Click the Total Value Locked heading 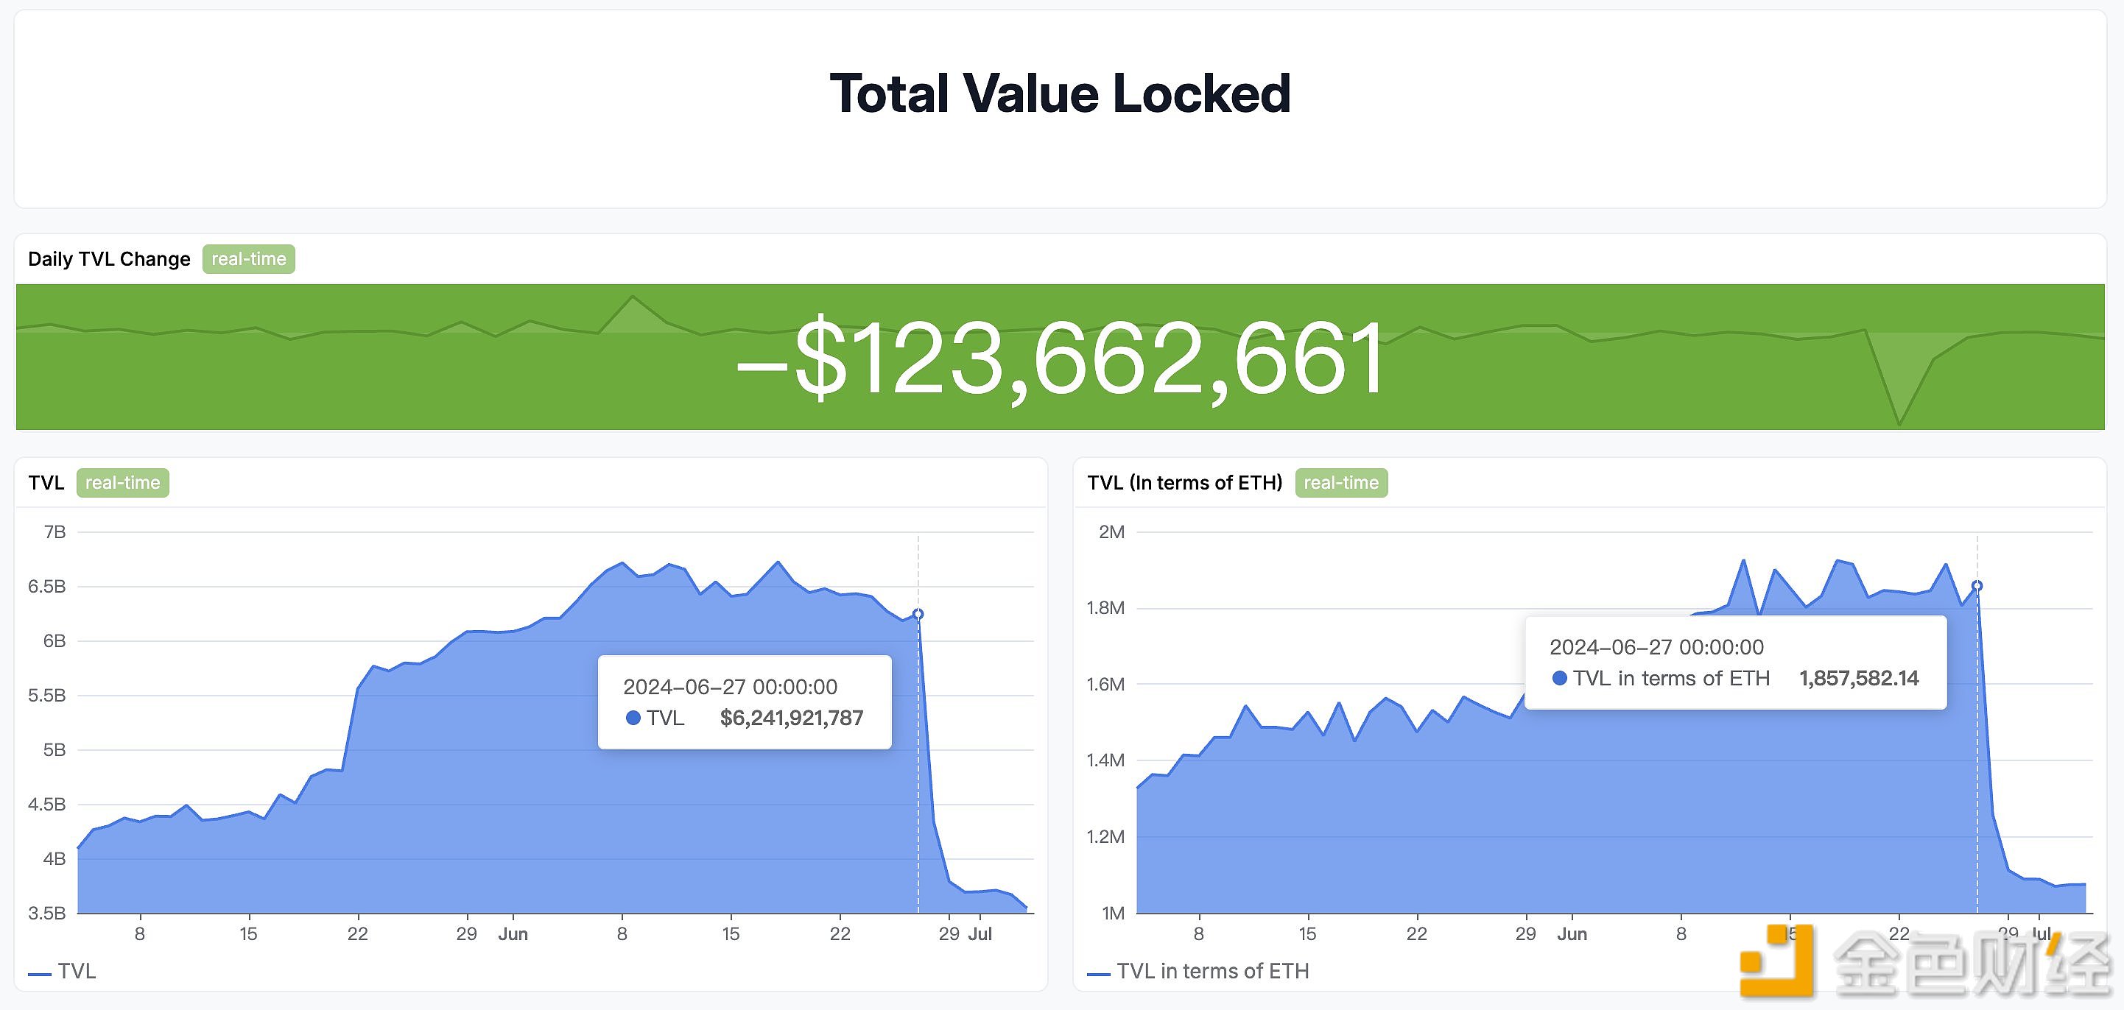(1060, 93)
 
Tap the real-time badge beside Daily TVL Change (248, 259)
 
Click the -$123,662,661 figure (1061, 359)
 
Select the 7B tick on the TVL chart (54, 532)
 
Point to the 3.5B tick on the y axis (47, 913)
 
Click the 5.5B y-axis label (47, 695)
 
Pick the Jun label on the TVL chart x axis (513, 934)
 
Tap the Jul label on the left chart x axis (980, 934)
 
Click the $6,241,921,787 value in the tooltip (792, 718)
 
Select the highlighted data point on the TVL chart (918, 614)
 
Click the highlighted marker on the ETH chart (1977, 586)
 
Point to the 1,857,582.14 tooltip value (1859, 679)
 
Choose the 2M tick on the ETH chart (1111, 532)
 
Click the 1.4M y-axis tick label (1105, 760)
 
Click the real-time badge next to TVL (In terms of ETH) (1340, 482)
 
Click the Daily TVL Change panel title (109, 259)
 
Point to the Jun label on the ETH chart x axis (1572, 934)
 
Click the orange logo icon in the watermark (1779, 961)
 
